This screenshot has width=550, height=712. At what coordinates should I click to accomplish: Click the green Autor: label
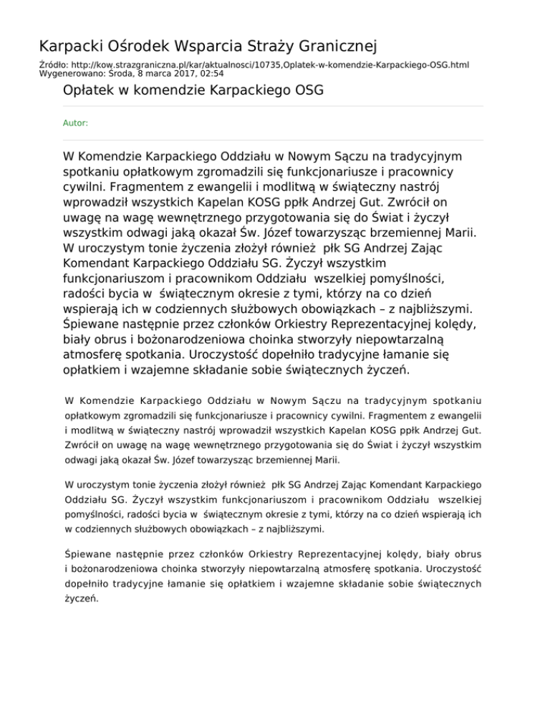click(76, 123)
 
